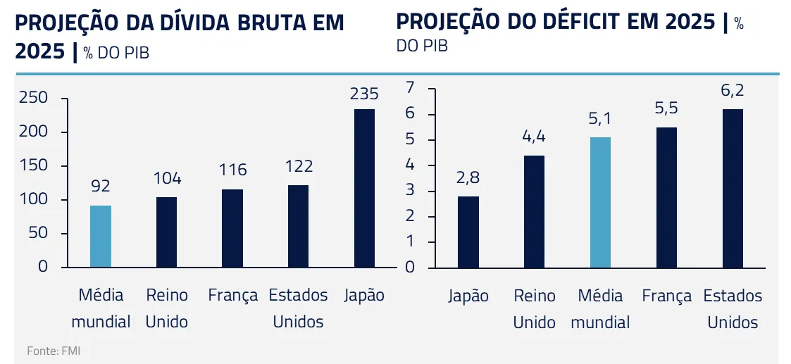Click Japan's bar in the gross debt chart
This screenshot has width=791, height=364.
pos(364,188)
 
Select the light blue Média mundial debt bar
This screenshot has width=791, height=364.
pos(101,236)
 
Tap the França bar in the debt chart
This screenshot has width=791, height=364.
pos(232,228)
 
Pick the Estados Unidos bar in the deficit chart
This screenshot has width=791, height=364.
pos(733,188)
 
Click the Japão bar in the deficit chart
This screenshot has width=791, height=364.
pos(468,232)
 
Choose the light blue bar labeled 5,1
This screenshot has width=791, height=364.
pos(600,202)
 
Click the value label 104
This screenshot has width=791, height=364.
pos(167,179)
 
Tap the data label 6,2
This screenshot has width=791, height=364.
pos(733,92)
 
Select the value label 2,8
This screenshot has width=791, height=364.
pos(468,179)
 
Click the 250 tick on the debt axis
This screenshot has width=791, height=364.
pos(34,98)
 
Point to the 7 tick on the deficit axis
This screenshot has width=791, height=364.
pos(411,88)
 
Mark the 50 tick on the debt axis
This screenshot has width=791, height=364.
pos(38,234)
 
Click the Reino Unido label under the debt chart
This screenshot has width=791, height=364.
pos(167,308)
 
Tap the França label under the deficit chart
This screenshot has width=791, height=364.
pos(666,296)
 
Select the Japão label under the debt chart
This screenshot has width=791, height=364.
pos(364,296)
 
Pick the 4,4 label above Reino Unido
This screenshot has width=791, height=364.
pos(534,137)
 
